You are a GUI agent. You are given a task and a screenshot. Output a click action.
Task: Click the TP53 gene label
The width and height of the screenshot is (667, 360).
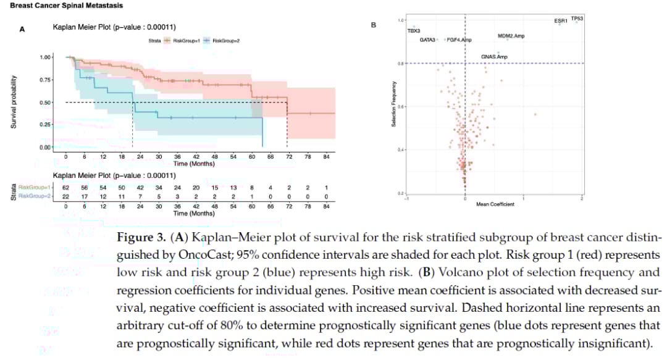(577, 19)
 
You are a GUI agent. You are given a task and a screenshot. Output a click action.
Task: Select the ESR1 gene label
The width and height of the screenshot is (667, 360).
(561, 21)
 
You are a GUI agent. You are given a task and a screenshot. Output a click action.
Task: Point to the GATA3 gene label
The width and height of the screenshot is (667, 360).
(428, 40)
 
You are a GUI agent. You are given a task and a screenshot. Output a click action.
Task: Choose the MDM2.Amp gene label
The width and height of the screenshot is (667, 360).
(511, 36)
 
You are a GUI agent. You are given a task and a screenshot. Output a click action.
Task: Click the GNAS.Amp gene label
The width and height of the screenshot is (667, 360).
(494, 57)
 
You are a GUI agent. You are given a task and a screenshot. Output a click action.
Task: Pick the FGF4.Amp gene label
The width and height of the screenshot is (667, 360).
(459, 40)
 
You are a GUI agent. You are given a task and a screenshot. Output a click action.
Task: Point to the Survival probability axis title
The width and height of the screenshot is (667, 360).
(13, 103)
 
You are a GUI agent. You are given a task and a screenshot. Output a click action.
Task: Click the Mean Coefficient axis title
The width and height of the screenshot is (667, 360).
(495, 204)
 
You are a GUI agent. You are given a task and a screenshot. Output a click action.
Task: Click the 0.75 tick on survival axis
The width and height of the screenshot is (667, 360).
(44, 80)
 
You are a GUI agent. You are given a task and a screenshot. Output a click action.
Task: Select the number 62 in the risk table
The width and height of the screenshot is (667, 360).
(65, 187)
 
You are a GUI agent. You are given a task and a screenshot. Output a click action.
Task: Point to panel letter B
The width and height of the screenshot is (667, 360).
(372, 25)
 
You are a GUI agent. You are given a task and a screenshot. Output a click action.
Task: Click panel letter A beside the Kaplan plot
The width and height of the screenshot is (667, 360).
(22, 29)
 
